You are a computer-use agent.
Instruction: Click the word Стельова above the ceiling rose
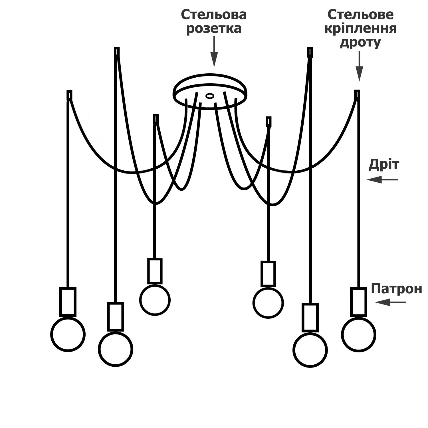214,15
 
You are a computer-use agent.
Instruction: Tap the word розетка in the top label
214,29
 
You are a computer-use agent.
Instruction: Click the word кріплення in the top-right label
360,29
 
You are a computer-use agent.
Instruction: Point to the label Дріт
384,165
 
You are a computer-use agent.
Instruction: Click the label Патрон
396,289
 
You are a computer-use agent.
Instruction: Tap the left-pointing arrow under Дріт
382,180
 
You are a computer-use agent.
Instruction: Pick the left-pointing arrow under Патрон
390,302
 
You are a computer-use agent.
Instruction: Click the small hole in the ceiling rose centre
210,96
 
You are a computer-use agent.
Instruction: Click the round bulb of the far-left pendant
68,334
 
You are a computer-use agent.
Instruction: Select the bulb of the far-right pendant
359,335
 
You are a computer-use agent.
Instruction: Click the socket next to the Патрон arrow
359,302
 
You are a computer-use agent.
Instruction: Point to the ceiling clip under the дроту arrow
357,94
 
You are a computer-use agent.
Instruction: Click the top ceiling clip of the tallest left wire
116,52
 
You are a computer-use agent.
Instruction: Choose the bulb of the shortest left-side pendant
155,300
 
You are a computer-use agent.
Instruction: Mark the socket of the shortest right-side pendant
268,274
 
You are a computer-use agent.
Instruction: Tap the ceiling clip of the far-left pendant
69,95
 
